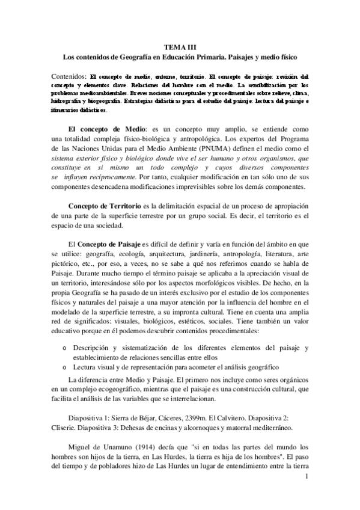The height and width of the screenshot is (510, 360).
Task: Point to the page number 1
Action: click(x=307, y=478)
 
